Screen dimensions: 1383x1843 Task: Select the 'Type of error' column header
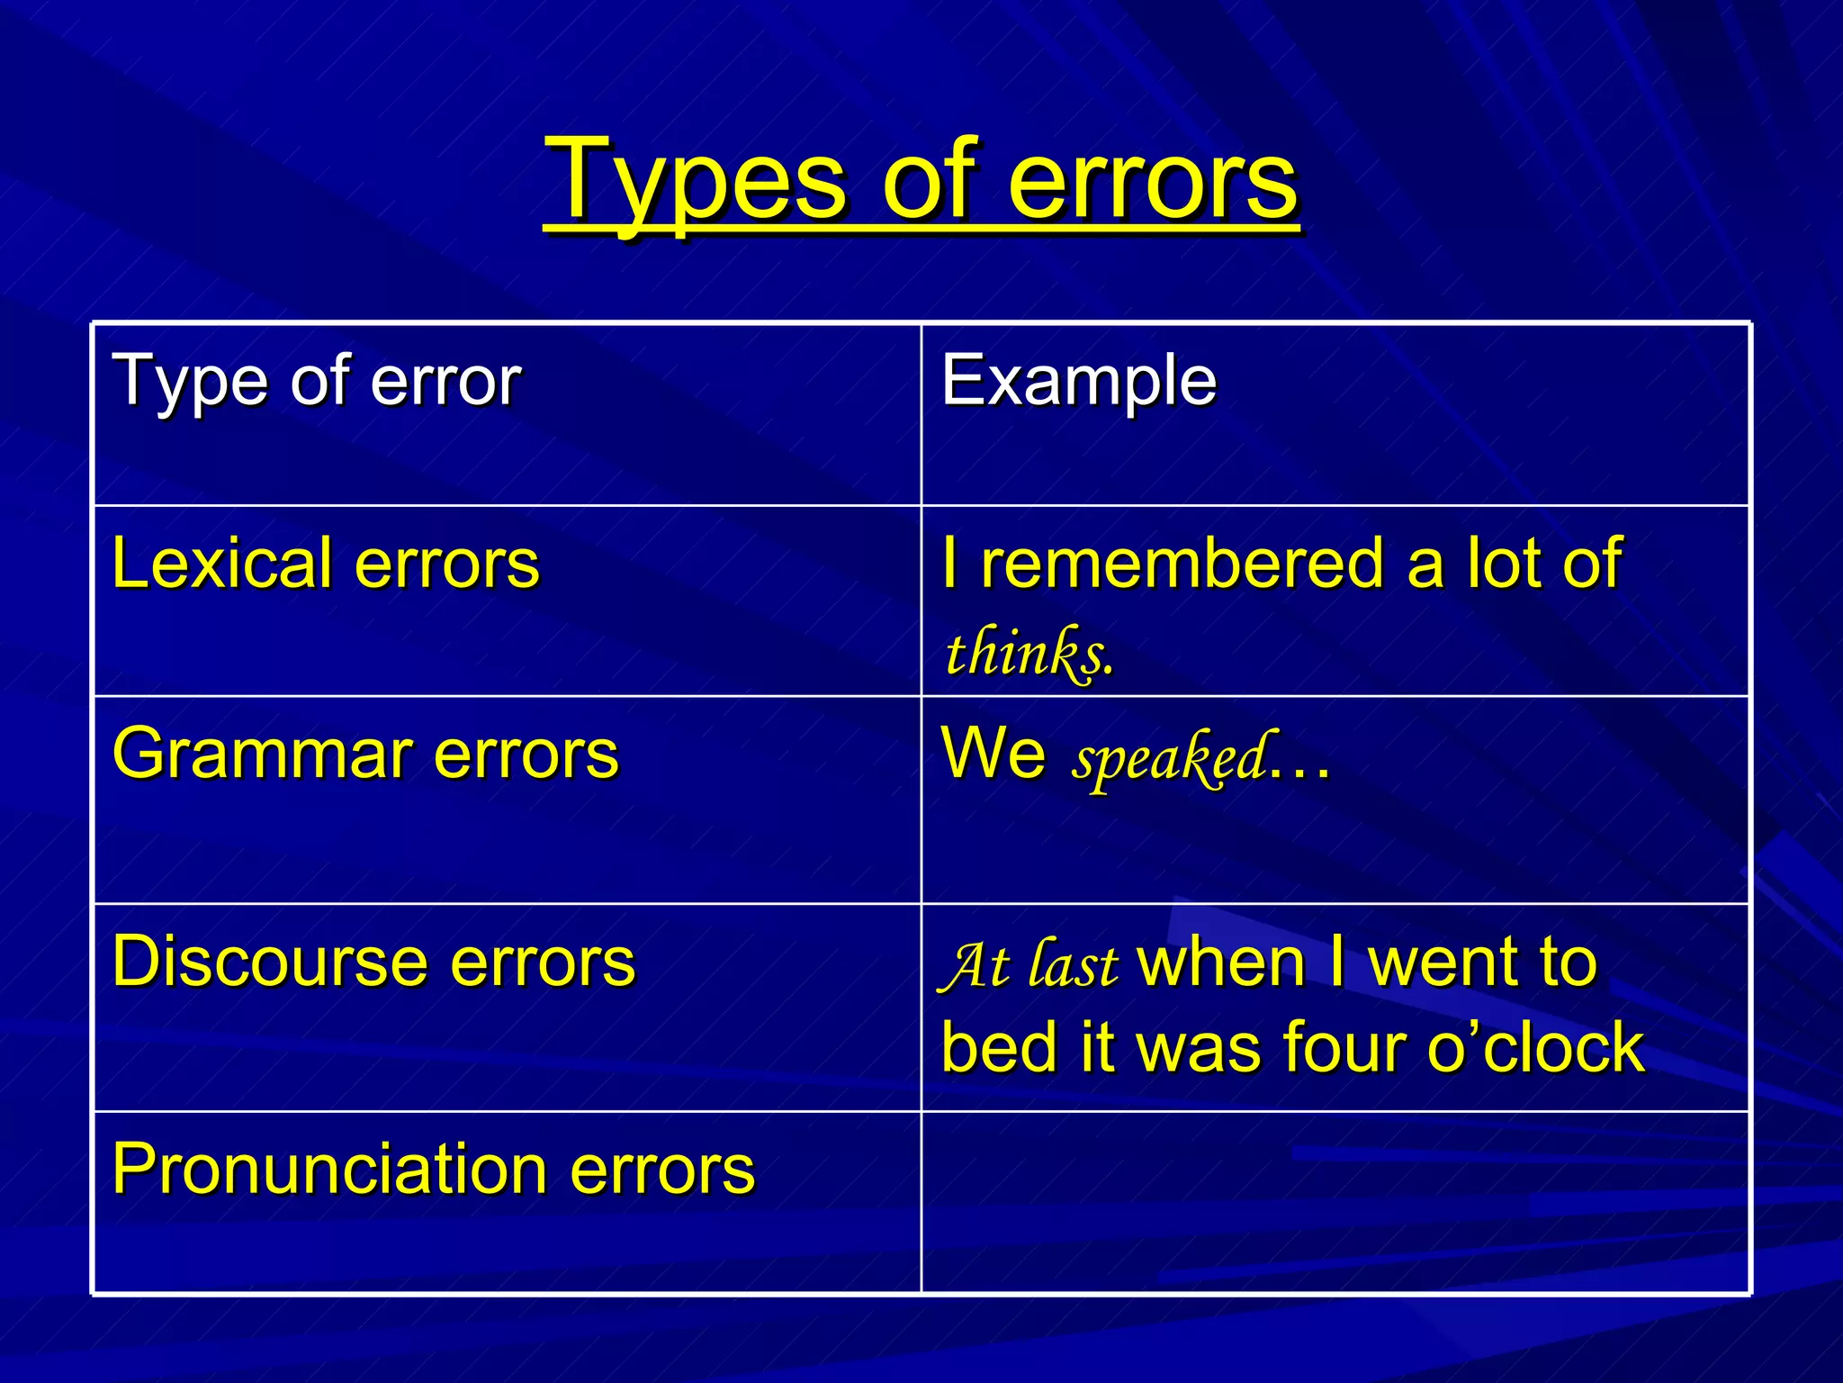coord(316,382)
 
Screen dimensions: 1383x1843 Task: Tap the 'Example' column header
coord(1078,382)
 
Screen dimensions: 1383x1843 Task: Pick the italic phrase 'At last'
coord(1028,965)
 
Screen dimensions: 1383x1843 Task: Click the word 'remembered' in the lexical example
coord(1182,565)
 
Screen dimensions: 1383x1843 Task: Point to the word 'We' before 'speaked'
coord(993,754)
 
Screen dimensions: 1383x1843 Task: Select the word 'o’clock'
coord(1535,1048)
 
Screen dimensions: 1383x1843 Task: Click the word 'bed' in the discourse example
coord(999,1048)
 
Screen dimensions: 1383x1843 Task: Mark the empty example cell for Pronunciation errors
coord(1335,1202)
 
